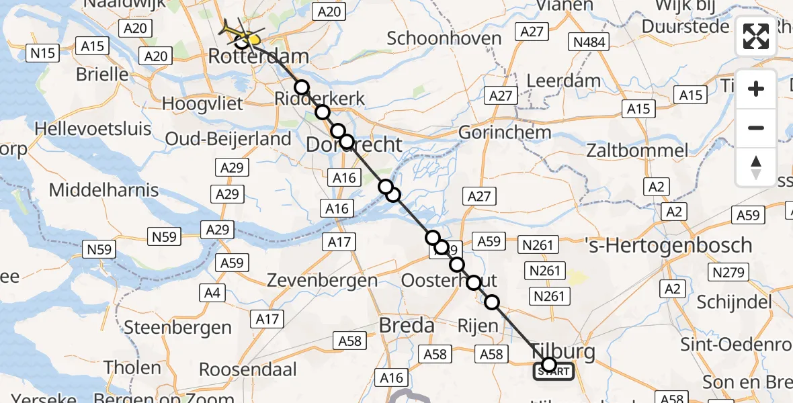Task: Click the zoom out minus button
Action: [x=756, y=128]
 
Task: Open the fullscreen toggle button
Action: [x=756, y=37]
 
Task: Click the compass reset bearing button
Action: [x=756, y=167]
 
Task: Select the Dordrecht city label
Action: [x=354, y=144]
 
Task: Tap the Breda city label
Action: [x=407, y=326]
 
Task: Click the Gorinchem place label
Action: [x=505, y=132]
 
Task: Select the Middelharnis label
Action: [x=103, y=190]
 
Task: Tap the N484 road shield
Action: [x=589, y=43]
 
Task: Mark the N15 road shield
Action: [x=42, y=52]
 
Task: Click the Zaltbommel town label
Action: [x=637, y=150]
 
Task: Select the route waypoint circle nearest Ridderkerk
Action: [x=302, y=87]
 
